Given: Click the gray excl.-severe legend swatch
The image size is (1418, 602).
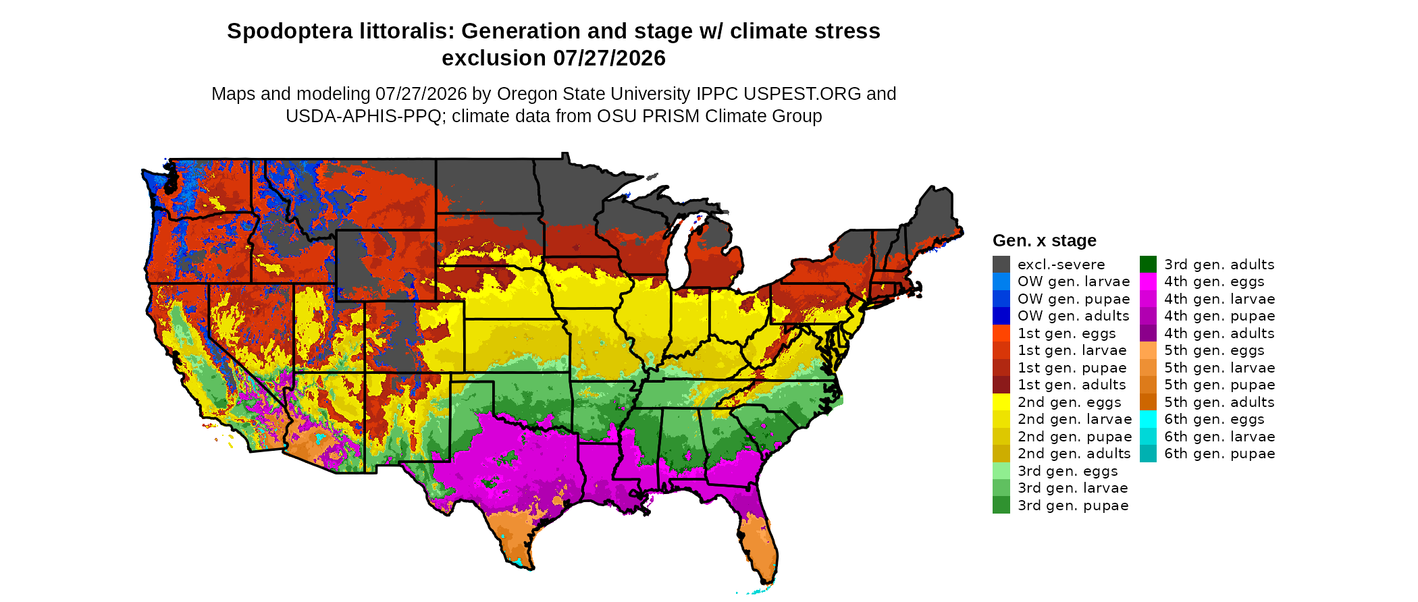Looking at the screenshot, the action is [x=1001, y=264].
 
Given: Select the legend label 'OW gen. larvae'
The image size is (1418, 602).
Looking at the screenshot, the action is [x=1074, y=281].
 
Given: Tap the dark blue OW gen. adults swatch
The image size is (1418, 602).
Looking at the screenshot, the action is [x=1001, y=316].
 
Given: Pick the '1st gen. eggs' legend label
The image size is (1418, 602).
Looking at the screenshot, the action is [x=1067, y=333].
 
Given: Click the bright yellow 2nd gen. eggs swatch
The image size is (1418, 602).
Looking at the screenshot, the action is [x=1001, y=402].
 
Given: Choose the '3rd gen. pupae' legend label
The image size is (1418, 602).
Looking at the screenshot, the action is [x=1073, y=505].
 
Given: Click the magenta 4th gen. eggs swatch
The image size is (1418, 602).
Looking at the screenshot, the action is [x=1148, y=281].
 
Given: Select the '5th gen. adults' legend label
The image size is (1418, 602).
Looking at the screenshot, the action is [x=1219, y=402].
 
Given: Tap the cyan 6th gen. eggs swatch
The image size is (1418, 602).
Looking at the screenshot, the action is [x=1148, y=419].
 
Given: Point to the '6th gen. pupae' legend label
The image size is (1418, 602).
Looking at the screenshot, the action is [x=1219, y=454].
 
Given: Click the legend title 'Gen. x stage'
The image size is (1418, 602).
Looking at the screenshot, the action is [x=1045, y=240].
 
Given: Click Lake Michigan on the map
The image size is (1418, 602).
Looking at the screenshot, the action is [x=683, y=253].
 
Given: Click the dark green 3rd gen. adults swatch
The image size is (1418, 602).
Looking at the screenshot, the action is [x=1148, y=264].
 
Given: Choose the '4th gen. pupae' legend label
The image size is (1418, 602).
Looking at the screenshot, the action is [x=1219, y=316].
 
